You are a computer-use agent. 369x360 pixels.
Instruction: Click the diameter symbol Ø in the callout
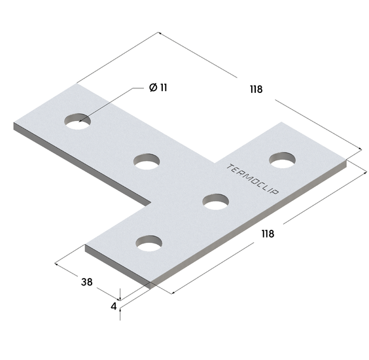click(153, 88)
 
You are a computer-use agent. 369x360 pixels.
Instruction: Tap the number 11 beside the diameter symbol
click(164, 88)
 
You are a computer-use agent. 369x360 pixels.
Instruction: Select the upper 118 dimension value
click(256, 90)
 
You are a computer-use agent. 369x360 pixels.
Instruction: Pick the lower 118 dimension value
click(268, 234)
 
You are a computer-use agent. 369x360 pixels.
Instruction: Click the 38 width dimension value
click(87, 282)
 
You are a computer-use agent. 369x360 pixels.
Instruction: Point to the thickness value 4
click(114, 306)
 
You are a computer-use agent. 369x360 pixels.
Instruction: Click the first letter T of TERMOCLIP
click(230, 167)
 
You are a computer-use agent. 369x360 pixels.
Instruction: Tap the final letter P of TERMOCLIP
click(275, 192)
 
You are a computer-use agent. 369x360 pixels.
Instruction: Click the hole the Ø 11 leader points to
click(77, 121)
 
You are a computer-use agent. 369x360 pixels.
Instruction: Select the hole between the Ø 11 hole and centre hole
click(147, 162)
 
